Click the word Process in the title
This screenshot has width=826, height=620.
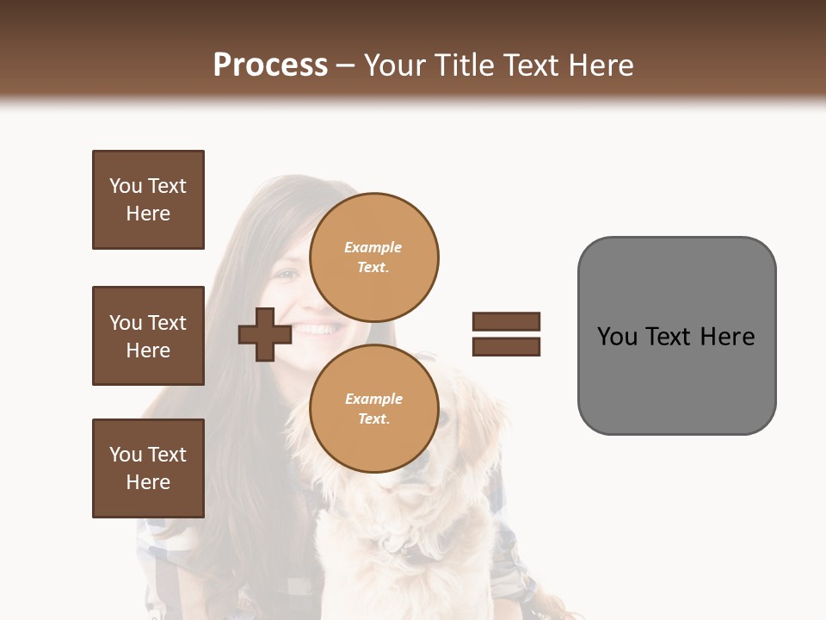[x=270, y=65]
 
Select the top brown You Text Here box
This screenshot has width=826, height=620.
[x=148, y=200]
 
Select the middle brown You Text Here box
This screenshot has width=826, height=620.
[x=148, y=336]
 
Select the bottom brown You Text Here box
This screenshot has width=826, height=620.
[x=148, y=468]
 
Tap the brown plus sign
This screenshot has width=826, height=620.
[x=264, y=334]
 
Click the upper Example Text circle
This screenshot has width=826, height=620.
[x=373, y=257]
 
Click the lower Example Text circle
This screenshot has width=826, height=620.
[x=373, y=408]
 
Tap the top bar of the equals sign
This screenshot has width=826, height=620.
[x=506, y=321]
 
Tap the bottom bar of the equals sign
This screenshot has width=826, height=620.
[x=506, y=346]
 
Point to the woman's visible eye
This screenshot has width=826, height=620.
[x=287, y=276]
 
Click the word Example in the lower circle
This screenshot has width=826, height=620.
[x=373, y=399]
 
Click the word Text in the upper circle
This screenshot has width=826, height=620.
[x=372, y=267]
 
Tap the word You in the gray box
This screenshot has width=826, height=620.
[x=617, y=337]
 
